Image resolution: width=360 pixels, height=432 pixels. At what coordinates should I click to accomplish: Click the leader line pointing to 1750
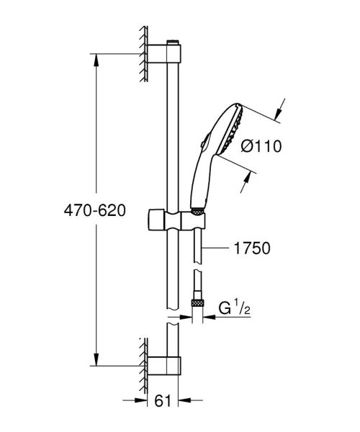[x=220, y=248]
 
